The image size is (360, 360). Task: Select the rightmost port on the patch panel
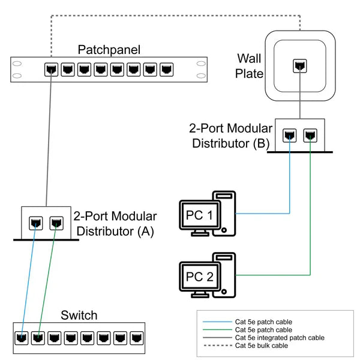(x=166, y=69)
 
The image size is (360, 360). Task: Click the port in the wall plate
(x=298, y=66)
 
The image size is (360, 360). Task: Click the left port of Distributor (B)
(x=290, y=135)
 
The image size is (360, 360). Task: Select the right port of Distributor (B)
(x=310, y=135)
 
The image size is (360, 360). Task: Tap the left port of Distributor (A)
(x=35, y=223)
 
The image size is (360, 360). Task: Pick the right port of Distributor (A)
(x=55, y=223)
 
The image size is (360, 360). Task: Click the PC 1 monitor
(x=197, y=215)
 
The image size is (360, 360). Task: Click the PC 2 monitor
(x=197, y=277)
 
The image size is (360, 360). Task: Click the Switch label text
(x=79, y=316)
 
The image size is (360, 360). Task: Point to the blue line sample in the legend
(x=215, y=322)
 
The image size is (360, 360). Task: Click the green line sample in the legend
(x=215, y=330)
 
